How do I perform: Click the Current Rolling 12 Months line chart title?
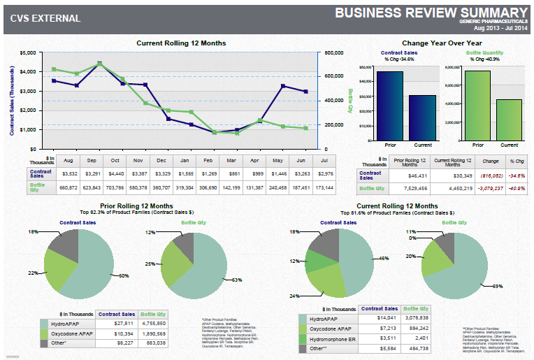(x=181, y=43)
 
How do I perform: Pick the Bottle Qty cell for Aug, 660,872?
(x=69, y=188)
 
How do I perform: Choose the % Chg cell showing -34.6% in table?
(x=517, y=175)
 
